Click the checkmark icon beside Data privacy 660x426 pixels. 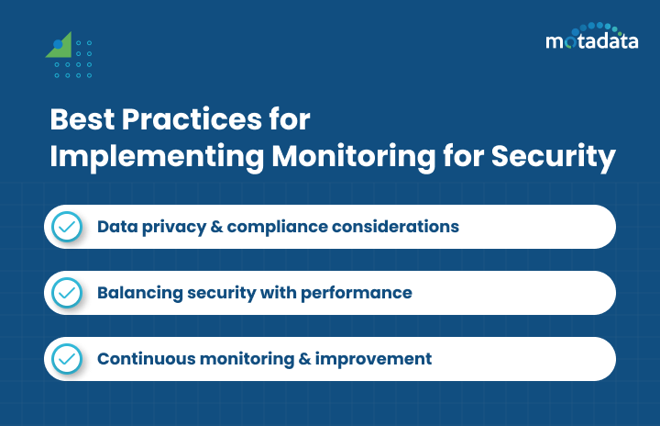[66, 227]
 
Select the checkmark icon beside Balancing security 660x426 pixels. [66, 293]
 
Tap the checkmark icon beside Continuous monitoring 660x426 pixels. [66, 359]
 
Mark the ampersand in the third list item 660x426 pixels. [306, 359]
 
